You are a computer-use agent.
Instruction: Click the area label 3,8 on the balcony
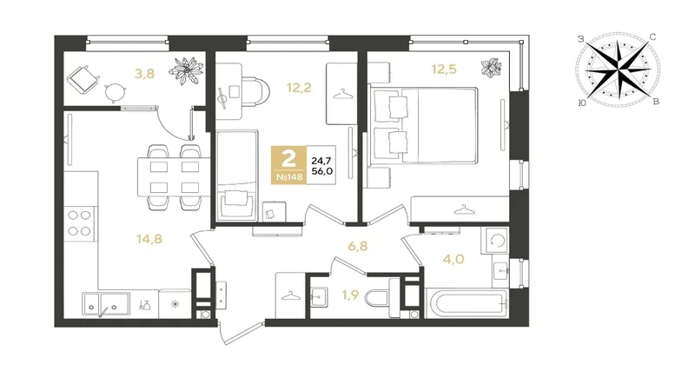144,73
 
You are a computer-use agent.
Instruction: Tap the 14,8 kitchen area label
149,239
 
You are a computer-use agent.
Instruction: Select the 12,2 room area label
299,88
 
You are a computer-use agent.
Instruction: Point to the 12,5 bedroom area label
444,70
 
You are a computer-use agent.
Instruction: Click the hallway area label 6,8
358,246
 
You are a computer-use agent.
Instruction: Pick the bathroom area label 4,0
453,258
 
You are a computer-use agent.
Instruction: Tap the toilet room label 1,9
350,295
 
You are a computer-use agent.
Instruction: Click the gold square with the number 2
289,165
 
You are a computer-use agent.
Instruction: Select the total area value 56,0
322,171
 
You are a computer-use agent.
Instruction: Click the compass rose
618,70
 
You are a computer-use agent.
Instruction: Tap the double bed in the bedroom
425,126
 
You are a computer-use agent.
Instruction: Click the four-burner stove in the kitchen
80,224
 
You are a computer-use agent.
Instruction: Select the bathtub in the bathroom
467,303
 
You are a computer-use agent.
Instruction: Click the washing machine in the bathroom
496,241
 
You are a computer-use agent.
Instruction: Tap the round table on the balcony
116,92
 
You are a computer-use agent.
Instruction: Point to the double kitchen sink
105,303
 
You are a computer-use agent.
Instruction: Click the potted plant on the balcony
187,70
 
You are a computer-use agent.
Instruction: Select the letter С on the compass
652,37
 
